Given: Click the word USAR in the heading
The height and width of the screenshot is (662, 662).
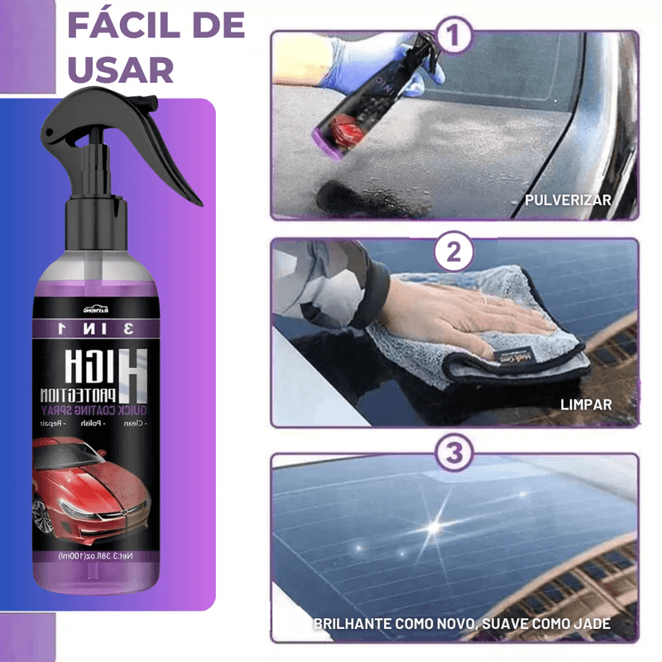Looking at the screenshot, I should [x=121, y=70].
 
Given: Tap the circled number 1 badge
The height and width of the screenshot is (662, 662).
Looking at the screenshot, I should [x=454, y=37].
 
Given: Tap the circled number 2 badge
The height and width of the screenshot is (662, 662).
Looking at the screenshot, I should [x=454, y=252].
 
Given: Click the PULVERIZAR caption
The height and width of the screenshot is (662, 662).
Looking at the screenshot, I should [x=568, y=200].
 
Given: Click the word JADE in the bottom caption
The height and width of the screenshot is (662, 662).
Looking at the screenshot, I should [x=589, y=623].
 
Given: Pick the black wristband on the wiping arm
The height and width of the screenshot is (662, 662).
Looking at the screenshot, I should [x=377, y=285].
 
